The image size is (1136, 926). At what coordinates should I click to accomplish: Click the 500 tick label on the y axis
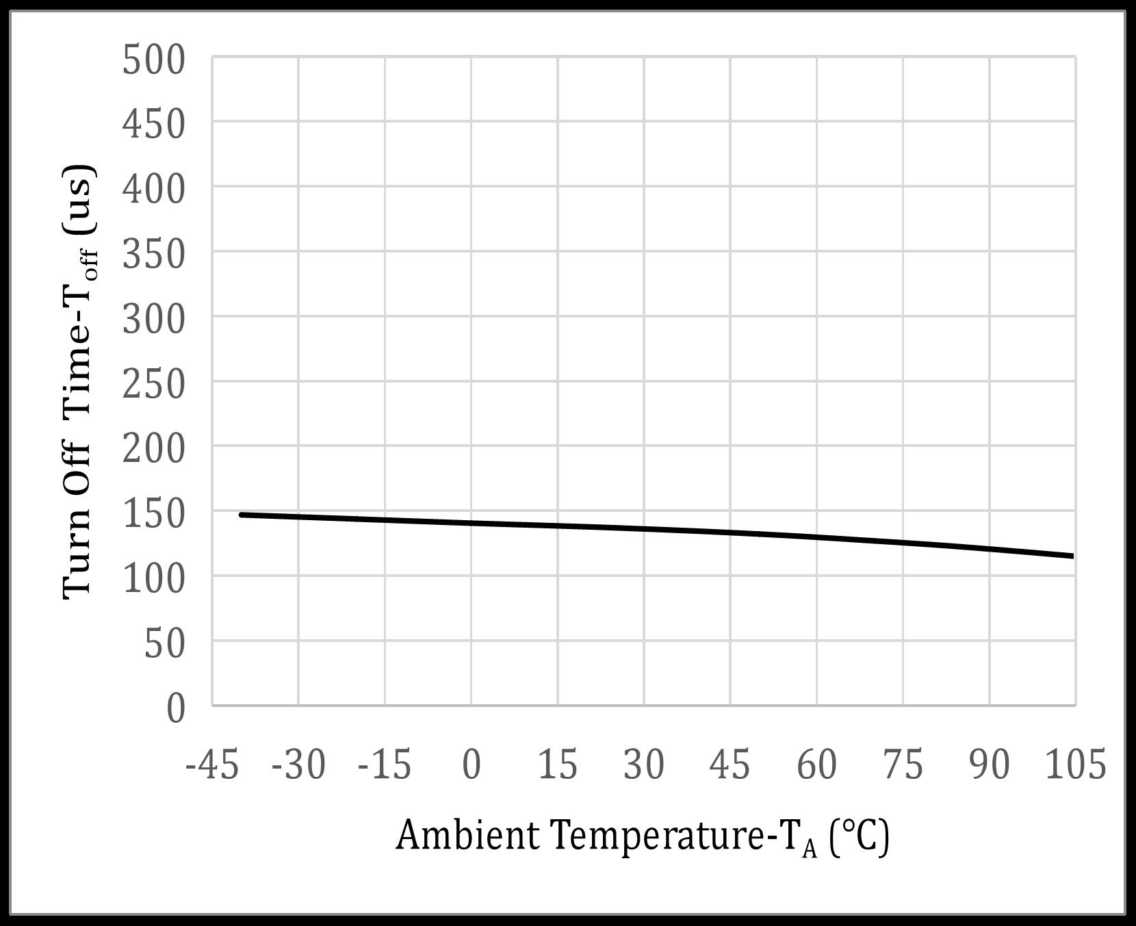click(x=154, y=60)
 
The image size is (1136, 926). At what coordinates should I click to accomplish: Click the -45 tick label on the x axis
click(x=213, y=764)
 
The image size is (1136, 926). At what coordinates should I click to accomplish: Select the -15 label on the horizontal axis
click(x=385, y=764)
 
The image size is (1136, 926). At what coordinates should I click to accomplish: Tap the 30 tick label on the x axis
click(x=644, y=764)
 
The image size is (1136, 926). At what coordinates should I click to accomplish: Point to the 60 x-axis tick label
click(x=817, y=764)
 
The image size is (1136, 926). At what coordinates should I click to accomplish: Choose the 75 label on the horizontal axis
click(x=903, y=764)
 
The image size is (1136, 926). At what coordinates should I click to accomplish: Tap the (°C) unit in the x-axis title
click(x=859, y=836)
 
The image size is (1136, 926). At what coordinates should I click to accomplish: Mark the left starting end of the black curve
click(x=241, y=514)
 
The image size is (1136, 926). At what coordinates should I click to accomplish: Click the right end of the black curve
click(x=1072, y=556)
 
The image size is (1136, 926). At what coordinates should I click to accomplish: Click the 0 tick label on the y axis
click(x=176, y=708)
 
